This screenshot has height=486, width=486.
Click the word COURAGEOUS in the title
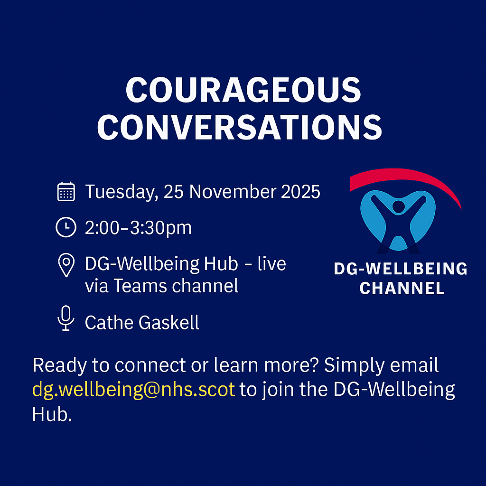click(243, 90)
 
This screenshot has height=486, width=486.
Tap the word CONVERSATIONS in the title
click(240, 127)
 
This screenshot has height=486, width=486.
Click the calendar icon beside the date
click(66, 192)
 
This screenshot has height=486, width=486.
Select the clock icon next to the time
click(66, 227)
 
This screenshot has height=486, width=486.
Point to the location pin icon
click(66, 265)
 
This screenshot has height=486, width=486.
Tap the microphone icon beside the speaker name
click(66, 318)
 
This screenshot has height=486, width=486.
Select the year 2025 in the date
click(300, 192)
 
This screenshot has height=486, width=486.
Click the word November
click(233, 192)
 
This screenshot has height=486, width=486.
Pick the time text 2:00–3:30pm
click(138, 228)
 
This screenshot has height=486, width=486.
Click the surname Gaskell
click(168, 322)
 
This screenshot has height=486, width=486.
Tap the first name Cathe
click(110, 322)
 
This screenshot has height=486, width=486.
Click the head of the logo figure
click(399, 206)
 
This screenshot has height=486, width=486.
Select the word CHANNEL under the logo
click(402, 288)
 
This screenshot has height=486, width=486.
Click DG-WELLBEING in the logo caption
click(401, 269)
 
